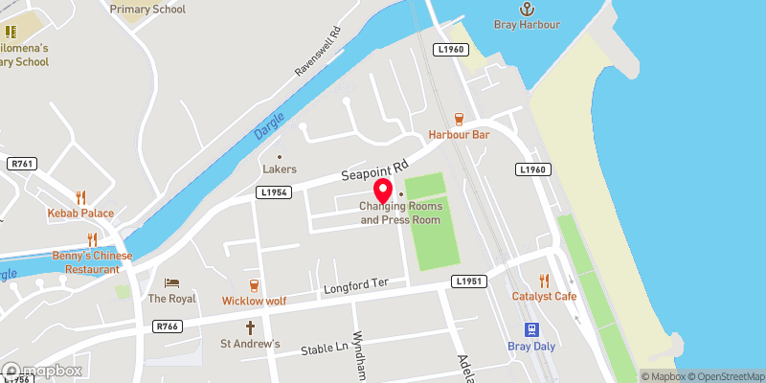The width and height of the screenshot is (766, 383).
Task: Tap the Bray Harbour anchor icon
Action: point(527,7)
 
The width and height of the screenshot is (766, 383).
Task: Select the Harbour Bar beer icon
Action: point(459,119)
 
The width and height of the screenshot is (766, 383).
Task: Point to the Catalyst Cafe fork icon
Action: point(544,280)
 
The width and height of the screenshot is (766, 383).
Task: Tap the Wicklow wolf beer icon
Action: point(254,284)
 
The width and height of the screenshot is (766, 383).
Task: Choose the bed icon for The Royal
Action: point(171,282)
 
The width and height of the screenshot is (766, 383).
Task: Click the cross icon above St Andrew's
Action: point(251,327)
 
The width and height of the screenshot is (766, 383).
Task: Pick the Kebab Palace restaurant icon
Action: point(81,195)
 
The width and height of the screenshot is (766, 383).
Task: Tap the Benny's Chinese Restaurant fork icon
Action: point(93,239)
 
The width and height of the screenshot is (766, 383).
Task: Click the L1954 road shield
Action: point(273,192)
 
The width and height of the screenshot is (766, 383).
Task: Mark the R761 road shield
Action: point(21,165)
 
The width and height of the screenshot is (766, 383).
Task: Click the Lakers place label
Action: point(280,169)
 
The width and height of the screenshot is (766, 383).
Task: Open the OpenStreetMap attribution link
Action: point(726,375)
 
